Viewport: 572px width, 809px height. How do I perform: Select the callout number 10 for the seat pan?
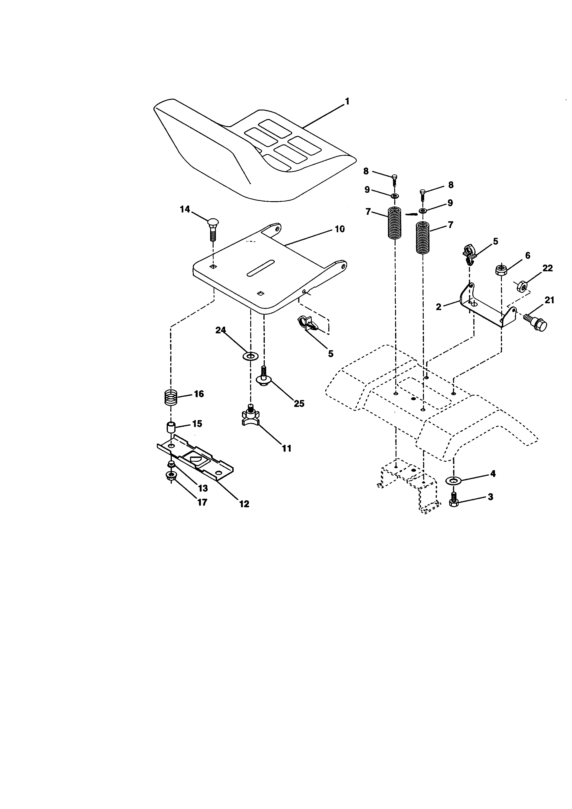coord(340,229)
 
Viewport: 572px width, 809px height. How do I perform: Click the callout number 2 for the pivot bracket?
coord(438,307)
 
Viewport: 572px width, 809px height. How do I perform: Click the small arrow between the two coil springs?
coord(410,214)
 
